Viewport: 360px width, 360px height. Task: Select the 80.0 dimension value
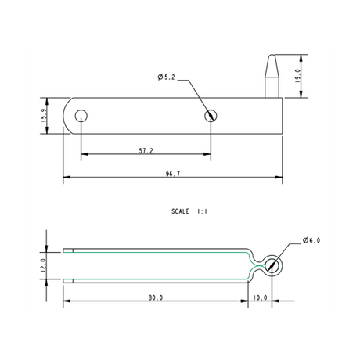154,297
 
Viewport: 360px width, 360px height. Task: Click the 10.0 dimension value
261,297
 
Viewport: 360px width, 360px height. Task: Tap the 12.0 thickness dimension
44,265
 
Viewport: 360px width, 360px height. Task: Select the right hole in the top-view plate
211,116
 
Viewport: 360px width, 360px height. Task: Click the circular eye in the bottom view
271,265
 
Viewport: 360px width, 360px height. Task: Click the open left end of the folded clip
67,265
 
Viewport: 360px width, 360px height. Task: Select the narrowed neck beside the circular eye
254,265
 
